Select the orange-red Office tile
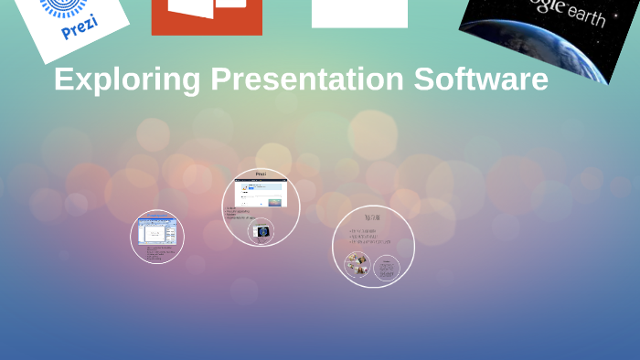click(207, 16)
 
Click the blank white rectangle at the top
click(359, 13)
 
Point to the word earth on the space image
click(585, 16)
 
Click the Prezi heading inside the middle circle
click(261, 174)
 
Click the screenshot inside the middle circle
click(261, 194)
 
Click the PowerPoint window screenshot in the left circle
click(156, 230)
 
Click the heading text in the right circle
click(372, 217)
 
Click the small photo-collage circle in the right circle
click(357, 265)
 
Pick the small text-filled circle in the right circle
click(387, 268)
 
